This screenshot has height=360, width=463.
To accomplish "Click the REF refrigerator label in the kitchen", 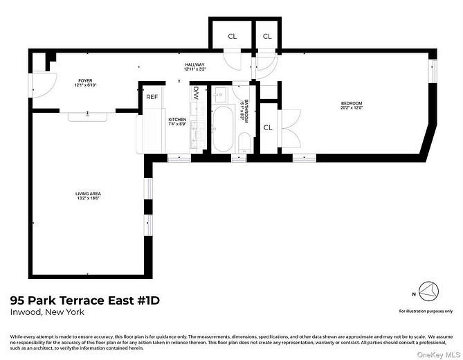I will [x=152, y=97].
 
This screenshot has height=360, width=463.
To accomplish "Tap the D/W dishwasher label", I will [x=196, y=91].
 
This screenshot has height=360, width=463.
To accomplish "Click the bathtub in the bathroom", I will [x=222, y=129].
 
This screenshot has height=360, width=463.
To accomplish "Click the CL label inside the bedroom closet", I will [x=268, y=127].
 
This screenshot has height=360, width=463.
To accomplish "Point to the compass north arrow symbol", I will [x=430, y=290].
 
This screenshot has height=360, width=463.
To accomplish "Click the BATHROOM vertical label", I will [x=244, y=110].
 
